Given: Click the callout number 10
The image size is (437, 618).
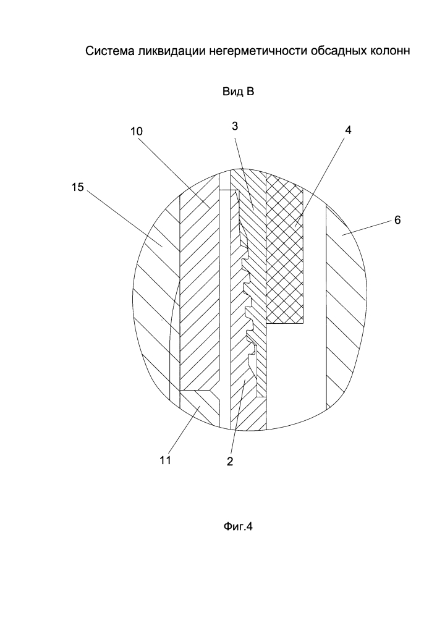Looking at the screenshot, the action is pos(137,131).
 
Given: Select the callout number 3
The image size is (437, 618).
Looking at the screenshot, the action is pos(235,126).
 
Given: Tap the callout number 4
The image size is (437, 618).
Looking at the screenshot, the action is pos(348,130).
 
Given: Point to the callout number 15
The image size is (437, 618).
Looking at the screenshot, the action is pos(78,187).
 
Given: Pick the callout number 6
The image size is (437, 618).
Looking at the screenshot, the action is pos(397,220).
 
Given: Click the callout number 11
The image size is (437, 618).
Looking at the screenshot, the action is pos(165,460).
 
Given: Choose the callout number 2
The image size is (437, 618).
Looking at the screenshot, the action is pos(230,461).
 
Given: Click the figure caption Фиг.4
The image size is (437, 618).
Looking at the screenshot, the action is pos(238,526).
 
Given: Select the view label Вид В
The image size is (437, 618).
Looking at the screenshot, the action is pos(239,92).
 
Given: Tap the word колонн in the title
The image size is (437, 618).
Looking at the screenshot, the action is pos(389,51).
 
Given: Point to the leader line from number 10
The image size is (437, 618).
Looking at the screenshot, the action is pos(174,171).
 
